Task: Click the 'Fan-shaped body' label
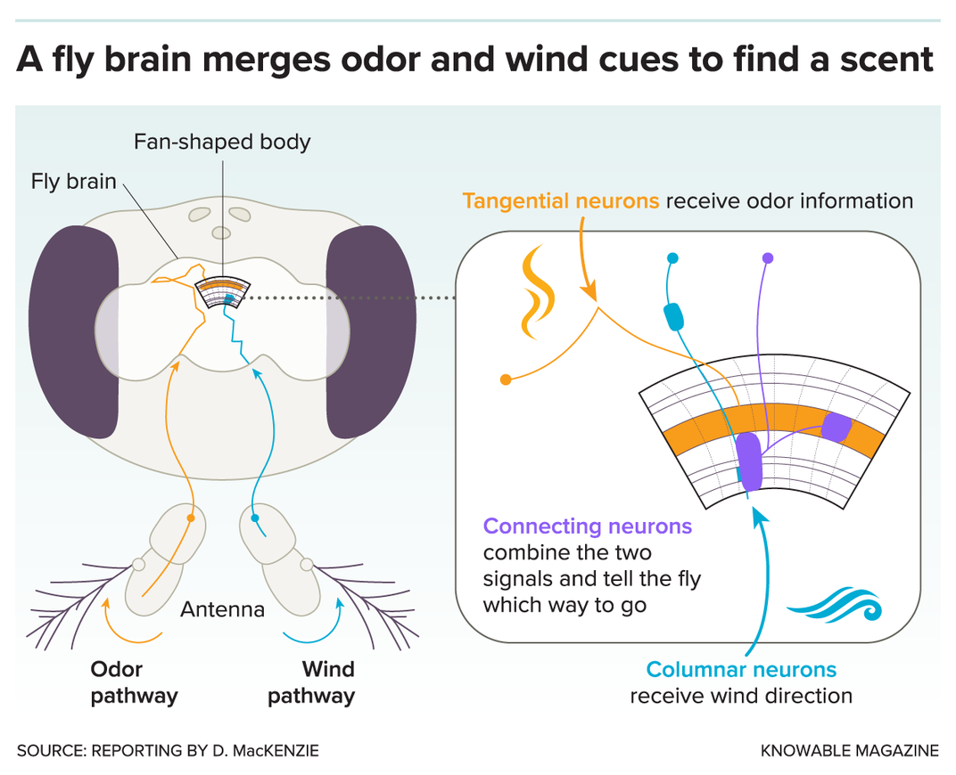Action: [x=222, y=142]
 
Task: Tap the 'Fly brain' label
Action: [x=74, y=182]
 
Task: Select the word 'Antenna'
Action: [x=222, y=610]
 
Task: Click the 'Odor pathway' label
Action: [x=134, y=682]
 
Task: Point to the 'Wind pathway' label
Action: [x=311, y=682]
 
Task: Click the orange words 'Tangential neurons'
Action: [x=561, y=201]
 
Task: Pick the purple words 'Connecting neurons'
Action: [x=587, y=526]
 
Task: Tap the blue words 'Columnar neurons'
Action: [x=741, y=669]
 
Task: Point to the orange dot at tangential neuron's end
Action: [x=506, y=379]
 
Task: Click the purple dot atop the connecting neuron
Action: [x=768, y=258]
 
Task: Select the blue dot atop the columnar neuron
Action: [x=672, y=258]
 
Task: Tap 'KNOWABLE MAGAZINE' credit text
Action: [x=849, y=751]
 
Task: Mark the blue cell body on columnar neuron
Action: [x=675, y=315]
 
